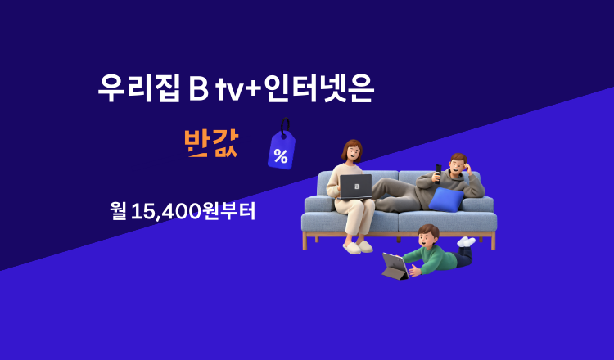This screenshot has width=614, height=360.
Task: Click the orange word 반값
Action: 211,142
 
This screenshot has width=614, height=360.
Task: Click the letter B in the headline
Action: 197,89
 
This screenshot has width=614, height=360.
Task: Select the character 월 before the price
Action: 118,210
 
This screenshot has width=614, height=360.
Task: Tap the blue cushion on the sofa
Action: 447,199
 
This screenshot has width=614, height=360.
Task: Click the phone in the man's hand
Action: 439,171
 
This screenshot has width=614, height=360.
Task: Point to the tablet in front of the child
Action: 395,266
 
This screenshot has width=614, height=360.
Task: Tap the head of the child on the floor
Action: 428,236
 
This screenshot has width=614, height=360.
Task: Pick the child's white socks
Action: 466,241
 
